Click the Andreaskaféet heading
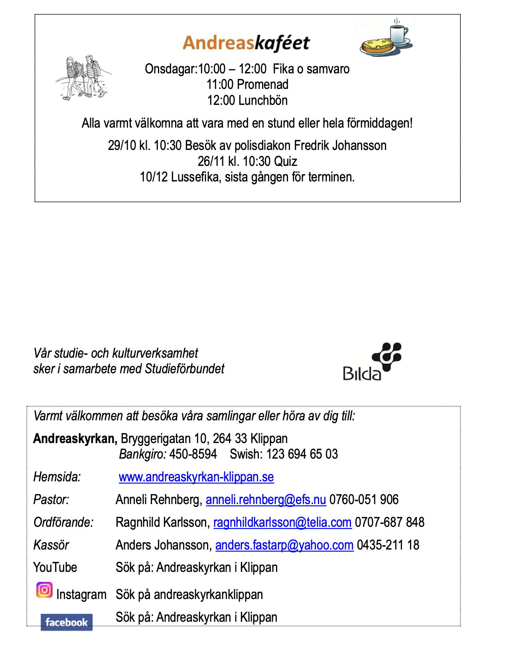pyautogui.click(x=246, y=43)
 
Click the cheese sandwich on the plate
pyautogui.click(x=377, y=46)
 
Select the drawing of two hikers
pyautogui.click(x=83, y=78)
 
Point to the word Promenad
pyautogui.click(x=262, y=85)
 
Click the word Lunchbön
pyautogui.click(x=262, y=100)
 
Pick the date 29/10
pyautogui.click(x=122, y=146)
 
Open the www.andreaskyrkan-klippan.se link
pyautogui.click(x=196, y=477)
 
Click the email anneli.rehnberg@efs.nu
pyautogui.click(x=266, y=500)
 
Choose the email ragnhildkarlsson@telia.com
pyautogui.click(x=282, y=522)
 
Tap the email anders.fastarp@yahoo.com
pyautogui.click(x=284, y=545)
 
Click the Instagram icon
pyautogui.click(x=44, y=590)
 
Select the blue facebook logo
pyautogui.click(x=67, y=622)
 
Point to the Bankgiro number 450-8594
pyautogui.click(x=193, y=454)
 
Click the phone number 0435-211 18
pyautogui.click(x=388, y=545)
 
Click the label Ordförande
pyautogui.click(x=63, y=522)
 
